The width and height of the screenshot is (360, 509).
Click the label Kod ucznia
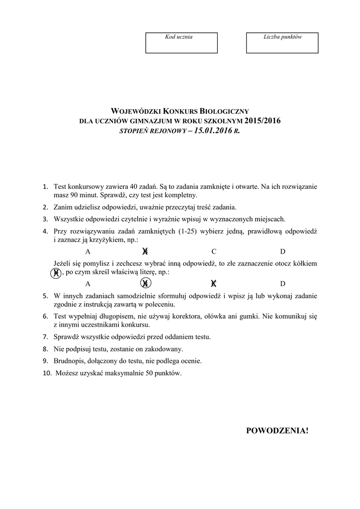[x=179, y=37]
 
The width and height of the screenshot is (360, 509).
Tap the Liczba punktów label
[x=282, y=37]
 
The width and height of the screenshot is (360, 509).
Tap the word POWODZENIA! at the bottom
[x=277, y=430]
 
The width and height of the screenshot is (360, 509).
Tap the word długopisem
[x=113, y=316]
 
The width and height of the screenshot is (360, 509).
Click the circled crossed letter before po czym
[x=57, y=272]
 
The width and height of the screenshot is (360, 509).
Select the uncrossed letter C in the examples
[x=214, y=252]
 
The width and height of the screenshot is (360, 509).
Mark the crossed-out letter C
[x=214, y=284]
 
